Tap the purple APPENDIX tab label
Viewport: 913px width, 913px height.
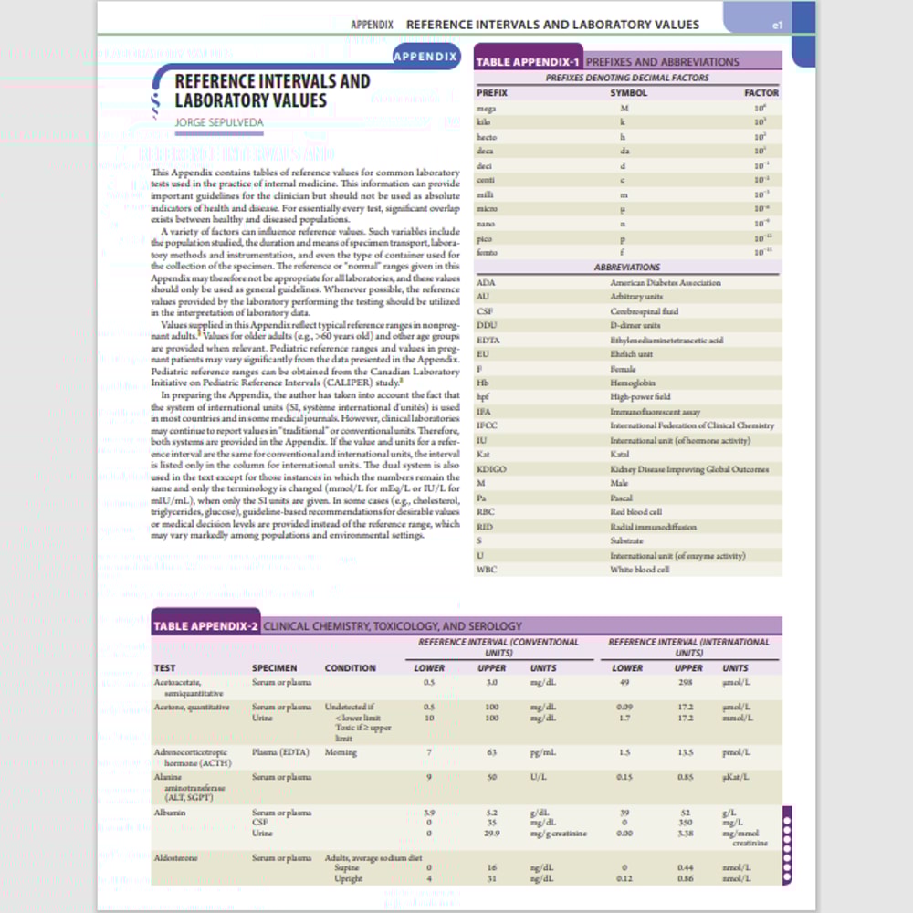pyautogui.click(x=425, y=57)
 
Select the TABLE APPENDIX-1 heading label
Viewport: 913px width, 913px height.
pyautogui.click(x=528, y=62)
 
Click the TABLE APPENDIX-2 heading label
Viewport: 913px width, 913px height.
pyautogui.click(x=205, y=626)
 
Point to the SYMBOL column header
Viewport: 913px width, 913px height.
pyautogui.click(x=628, y=93)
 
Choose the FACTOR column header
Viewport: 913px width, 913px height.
pyautogui.click(x=761, y=93)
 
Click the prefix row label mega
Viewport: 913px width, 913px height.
pyautogui.click(x=487, y=108)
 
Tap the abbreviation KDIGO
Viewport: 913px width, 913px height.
pyautogui.click(x=493, y=469)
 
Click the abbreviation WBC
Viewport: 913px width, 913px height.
pyautogui.click(x=488, y=570)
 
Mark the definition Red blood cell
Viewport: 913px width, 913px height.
pyautogui.click(x=636, y=512)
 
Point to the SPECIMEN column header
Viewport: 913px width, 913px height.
pyautogui.click(x=274, y=668)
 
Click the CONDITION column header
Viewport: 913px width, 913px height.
pyautogui.click(x=350, y=668)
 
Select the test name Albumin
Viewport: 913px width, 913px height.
pyautogui.click(x=170, y=812)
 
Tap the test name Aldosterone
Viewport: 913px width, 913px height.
pyautogui.click(x=176, y=857)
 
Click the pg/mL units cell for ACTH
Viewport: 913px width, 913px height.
pyautogui.click(x=543, y=752)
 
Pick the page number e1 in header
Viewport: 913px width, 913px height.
pyautogui.click(x=777, y=26)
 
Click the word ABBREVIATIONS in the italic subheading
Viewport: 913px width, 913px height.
pyautogui.click(x=627, y=268)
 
